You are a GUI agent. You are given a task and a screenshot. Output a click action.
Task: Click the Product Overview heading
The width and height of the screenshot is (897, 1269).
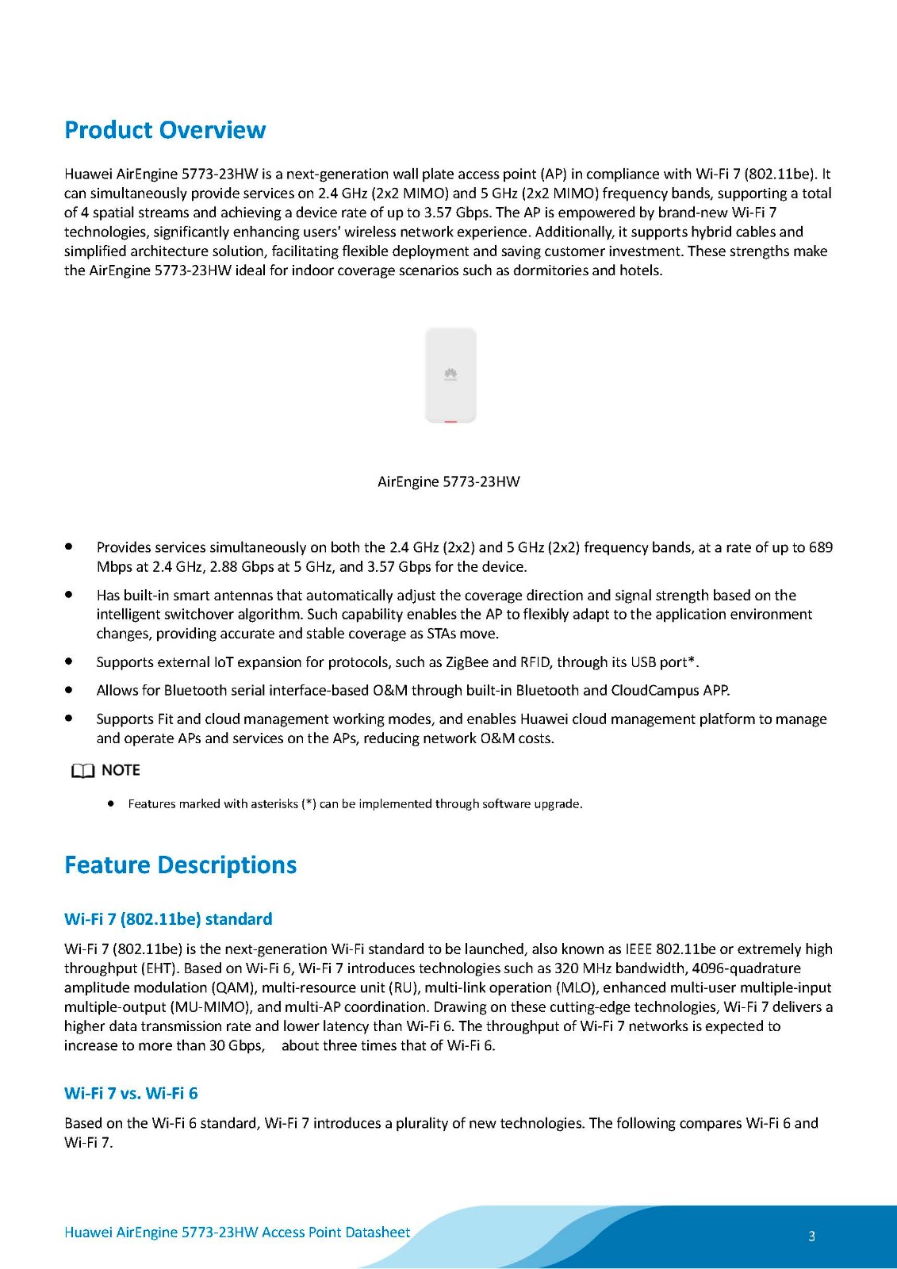165,130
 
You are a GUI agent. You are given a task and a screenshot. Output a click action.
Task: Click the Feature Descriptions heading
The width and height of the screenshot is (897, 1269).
180,865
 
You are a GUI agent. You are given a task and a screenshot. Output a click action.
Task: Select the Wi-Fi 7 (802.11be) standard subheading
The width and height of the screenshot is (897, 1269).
168,919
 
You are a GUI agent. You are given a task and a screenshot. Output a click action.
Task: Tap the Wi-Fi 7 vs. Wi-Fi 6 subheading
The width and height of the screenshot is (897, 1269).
131,1093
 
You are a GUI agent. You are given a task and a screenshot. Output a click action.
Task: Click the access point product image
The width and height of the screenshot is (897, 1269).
450,374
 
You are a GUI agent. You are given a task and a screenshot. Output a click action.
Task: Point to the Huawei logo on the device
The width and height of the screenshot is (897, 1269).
450,374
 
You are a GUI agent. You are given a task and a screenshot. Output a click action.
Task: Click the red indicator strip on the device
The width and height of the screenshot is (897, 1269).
450,420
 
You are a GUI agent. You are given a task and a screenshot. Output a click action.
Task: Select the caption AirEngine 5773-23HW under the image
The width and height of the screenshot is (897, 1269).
448,481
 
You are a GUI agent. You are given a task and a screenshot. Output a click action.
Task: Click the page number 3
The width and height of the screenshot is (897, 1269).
811,1236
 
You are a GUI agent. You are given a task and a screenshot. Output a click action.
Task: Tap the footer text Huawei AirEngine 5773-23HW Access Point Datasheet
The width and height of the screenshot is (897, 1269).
237,1232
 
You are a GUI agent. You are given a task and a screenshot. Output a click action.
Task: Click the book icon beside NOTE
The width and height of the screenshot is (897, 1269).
82,771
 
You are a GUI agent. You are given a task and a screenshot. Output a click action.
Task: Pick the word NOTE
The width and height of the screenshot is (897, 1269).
121,770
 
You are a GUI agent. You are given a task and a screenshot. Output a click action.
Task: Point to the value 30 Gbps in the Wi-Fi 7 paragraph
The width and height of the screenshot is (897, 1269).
235,1045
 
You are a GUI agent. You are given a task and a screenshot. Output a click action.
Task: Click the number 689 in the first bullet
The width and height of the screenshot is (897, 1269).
820,547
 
